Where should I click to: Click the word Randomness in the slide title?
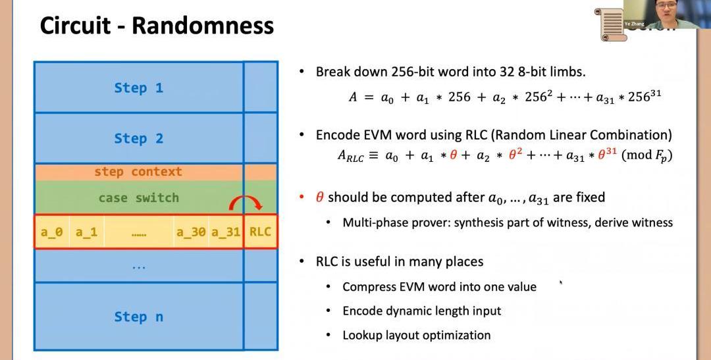point(202,26)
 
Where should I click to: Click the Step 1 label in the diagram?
point(138,88)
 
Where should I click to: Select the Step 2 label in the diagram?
point(138,138)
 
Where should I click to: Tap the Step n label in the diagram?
point(138,317)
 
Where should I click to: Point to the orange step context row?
point(138,172)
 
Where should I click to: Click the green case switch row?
point(138,197)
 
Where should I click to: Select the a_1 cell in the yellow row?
point(87,232)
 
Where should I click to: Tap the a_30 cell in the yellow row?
point(191,232)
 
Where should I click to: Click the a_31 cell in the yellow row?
point(225,232)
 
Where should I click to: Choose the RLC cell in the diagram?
point(260,232)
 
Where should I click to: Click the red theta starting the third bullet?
point(320,197)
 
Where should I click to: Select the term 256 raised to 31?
point(644,97)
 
